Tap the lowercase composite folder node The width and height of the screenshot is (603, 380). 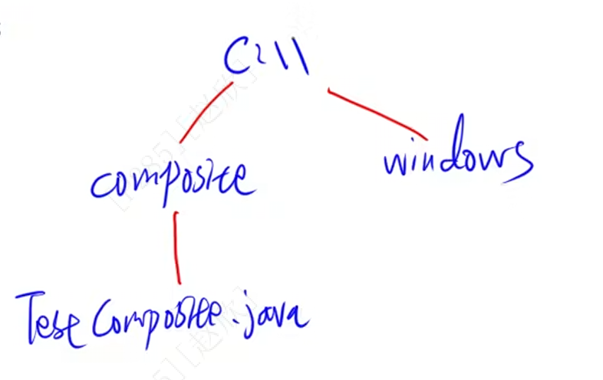tap(173, 182)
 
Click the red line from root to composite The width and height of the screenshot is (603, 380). tap(205, 113)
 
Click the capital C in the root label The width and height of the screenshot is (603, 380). tap(237, 55)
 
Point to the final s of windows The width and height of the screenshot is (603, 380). tap(519, 162)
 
